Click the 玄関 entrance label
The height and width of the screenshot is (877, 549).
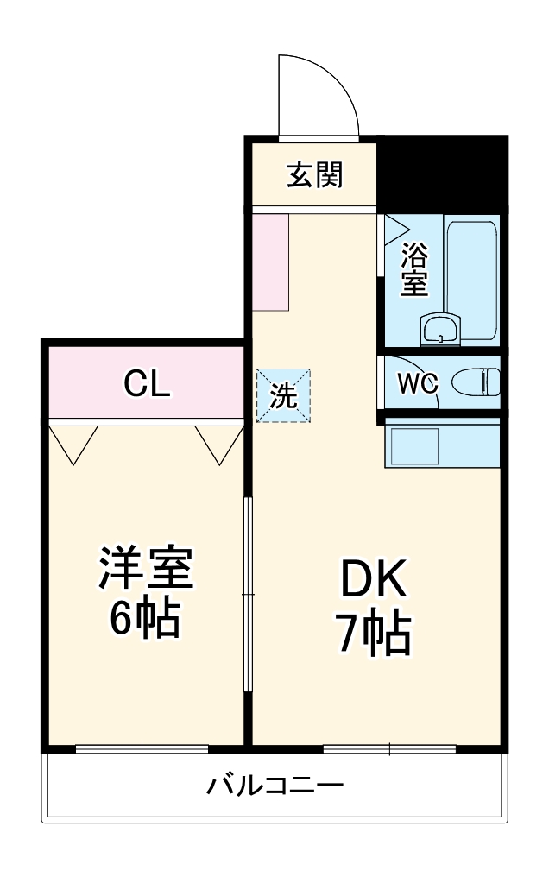coord(315,175)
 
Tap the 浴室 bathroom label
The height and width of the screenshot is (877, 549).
coord(415,269)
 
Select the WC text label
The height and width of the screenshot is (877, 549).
coord(417,382)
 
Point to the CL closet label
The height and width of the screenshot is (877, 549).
coord(147,382)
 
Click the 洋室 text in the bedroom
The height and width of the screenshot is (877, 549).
coord(145,568)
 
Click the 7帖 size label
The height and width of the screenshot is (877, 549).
coord(372,634)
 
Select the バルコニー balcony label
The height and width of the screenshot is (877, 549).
coord(274,786)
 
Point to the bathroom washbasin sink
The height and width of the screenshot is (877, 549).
coord(441,330)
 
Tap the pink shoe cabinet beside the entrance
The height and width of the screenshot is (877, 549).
coord(271,261)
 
